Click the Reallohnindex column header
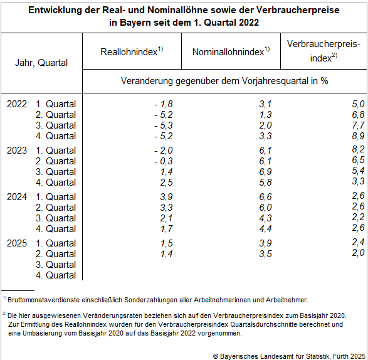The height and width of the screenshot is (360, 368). (x=132, y=51)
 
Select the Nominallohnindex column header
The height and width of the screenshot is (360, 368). (x=231, y=51)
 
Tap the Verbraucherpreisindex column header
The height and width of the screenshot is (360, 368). (x=323, y=51)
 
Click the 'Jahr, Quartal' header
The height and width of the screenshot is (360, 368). (x=41, y=63)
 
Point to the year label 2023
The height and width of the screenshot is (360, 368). (x=17, y=151)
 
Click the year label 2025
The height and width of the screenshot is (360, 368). (x=17, y=243)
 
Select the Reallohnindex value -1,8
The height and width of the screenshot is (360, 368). (x=164, y=104)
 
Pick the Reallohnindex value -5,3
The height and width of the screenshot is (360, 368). (x=164, y=125)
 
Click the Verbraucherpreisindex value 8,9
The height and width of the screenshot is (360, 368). (x=358, y=136)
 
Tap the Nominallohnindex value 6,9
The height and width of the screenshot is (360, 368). (x=265, y=172)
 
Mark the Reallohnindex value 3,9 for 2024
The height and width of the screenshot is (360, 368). (x=166, y=197)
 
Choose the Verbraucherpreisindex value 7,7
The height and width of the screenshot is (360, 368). (x=358, y=125)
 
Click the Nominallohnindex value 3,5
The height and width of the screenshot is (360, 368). (x=265, y=254)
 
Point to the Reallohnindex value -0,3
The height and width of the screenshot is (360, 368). (x=164, y=161)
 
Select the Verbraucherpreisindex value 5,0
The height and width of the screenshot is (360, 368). (x=358, y=104)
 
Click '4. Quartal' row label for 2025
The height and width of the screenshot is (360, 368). (x=56, y=275)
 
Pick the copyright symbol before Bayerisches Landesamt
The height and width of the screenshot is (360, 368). (x=216, y=356)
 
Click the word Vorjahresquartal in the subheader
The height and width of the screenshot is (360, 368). (x=275, y=82)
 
